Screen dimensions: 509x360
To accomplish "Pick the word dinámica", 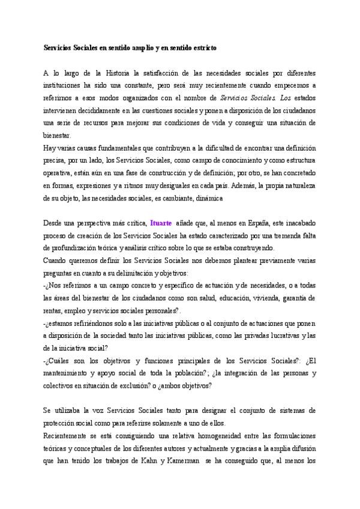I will click(208, 197).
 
